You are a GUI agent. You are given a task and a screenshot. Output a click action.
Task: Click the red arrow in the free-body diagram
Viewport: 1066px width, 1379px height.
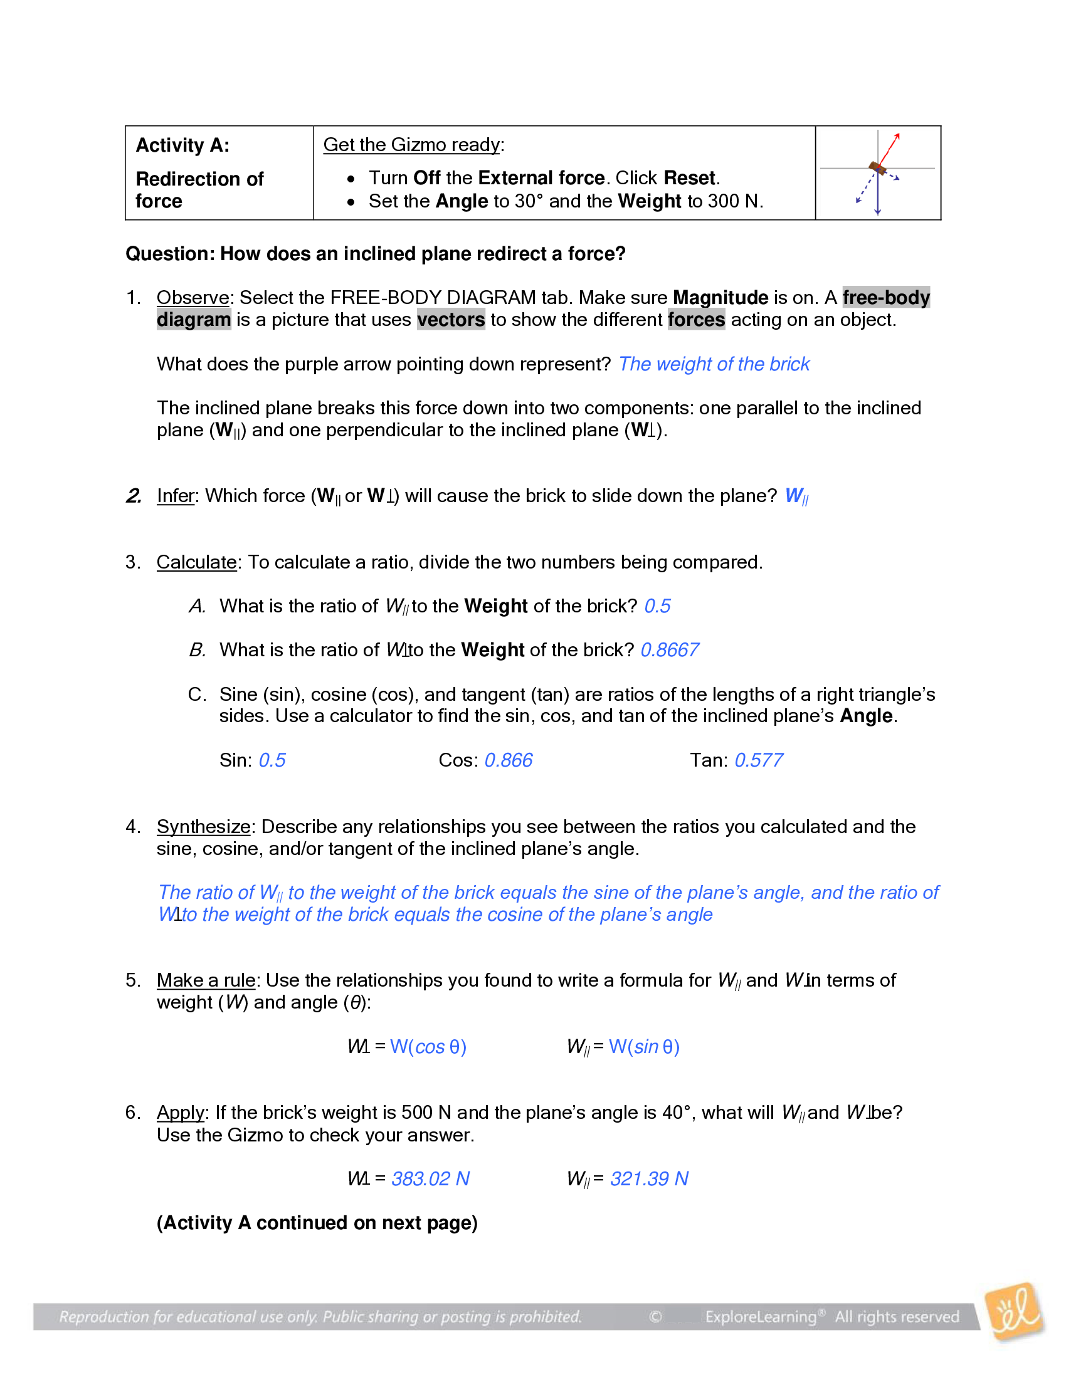tap(890, 149)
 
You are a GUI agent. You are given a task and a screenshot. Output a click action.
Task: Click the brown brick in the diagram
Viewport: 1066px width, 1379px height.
tap(877, 169)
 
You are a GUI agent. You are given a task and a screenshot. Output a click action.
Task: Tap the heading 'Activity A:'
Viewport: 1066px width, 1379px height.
tap(182, 145)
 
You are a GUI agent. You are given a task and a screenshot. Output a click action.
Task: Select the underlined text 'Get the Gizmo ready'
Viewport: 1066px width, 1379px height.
tap(412, 145)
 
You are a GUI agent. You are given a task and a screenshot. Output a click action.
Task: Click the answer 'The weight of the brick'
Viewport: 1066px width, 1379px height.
tap(714, 364)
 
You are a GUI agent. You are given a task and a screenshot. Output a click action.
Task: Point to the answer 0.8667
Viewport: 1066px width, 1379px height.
tap(670, 650)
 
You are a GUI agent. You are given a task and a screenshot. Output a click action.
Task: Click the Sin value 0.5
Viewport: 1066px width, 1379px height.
tap(272, 760)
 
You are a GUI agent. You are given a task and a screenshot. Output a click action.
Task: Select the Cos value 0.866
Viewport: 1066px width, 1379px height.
tap(509, 760)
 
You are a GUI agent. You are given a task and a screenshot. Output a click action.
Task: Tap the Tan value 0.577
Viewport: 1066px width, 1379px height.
tap(759, 760)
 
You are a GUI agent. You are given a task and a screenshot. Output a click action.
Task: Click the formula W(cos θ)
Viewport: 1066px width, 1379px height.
tap(428, 1047)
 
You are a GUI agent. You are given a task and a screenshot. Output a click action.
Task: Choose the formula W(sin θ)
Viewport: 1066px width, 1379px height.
tap(644, 1047)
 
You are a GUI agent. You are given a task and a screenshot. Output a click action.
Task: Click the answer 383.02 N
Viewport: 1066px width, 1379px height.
tap(430, 1179)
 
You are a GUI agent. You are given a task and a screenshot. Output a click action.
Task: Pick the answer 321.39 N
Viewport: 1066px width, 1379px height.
tap(649, 1179)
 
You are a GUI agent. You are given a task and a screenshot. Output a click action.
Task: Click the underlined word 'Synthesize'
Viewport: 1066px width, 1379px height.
tap(203, 827)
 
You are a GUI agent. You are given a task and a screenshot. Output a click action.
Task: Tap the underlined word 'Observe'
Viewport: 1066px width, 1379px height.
tap(193, 297)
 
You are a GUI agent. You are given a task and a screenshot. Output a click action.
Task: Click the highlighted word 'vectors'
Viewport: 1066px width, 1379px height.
tap(451, 320)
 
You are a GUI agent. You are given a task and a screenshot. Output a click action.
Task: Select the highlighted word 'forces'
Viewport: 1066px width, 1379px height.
tap(696, 320)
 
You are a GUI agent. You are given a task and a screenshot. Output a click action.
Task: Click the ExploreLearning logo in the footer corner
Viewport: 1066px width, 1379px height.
tap(1014, 1312)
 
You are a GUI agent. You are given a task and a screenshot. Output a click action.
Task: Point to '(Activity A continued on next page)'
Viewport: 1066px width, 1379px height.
tap(317, 1223)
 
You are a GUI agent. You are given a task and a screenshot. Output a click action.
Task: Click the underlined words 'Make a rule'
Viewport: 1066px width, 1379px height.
tap(206, 980)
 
